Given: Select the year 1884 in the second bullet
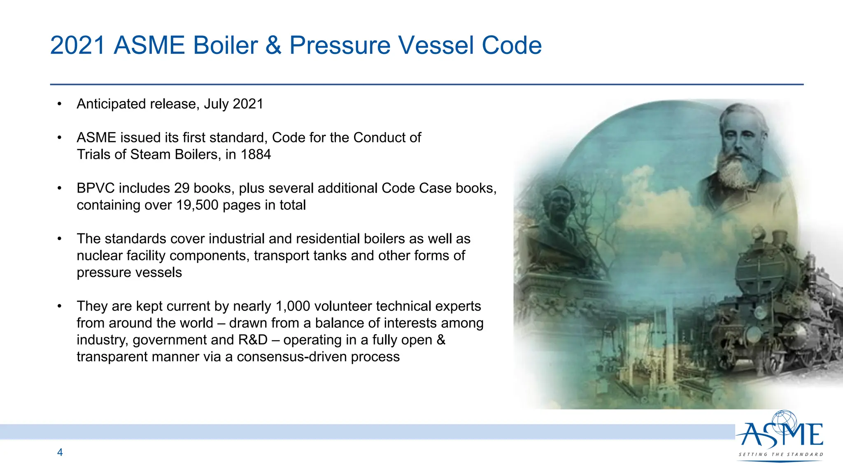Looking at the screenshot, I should tap(256, 154).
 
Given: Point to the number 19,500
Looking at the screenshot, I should tap(198, 205).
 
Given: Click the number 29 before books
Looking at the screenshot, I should tap(182, 188).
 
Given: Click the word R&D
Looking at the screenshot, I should tap(253, 340).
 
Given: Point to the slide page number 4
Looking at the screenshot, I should tap(60, 452).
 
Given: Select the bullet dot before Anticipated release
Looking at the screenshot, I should tap(60, 104).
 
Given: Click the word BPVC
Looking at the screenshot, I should tap(95, 188).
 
